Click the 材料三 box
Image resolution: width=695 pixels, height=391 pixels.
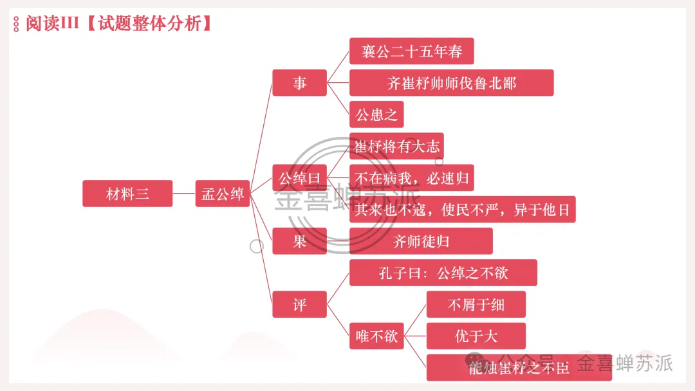[x=127, y=194]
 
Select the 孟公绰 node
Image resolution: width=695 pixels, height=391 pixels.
[x=223, y=194]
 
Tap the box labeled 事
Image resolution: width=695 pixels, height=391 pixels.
[x=300, y=83]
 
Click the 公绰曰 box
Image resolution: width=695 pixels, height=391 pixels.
[x=300, y=177]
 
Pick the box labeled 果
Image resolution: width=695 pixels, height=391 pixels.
[x=300, y=241]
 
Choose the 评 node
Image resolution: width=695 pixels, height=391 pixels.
[x=300, y=304]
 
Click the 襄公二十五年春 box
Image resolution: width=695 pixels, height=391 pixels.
[x=412, y=51]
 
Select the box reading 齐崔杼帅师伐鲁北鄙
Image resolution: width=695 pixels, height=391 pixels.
[x=452, y=83]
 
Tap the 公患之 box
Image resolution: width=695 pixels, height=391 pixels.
[x=376, y=114]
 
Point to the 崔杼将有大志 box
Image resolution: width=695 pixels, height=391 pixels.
[x=396, y=146]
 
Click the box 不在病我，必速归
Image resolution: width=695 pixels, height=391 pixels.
[x=412, y=177]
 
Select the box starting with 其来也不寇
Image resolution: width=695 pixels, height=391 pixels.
[x=463, y=210]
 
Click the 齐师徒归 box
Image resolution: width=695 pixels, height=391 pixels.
[x=421, y=241]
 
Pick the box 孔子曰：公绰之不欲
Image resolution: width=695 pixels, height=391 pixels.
[x=443, y=273]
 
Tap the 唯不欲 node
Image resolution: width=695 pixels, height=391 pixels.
[x=376, y=336]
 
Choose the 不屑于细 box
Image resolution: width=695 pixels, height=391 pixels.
[x=476, y=304]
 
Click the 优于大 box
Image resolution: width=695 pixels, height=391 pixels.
[x=476, y=336]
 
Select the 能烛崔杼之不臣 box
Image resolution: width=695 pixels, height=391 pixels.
[x=519, y=368]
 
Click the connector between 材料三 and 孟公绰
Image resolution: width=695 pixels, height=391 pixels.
[x=184, y=194]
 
